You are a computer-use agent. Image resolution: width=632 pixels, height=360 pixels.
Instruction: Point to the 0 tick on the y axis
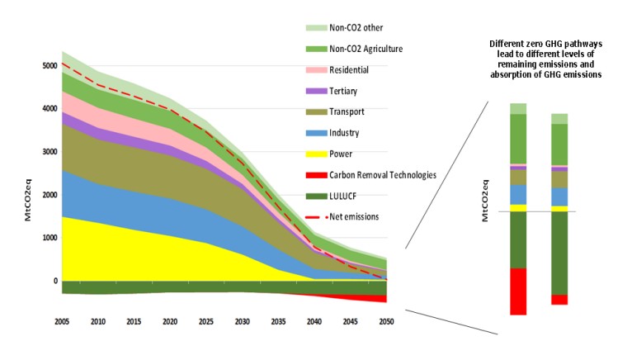pyautogui.click(x=54, y=282)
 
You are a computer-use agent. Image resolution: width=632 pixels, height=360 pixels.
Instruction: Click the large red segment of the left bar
pyautogui.click(x=518, y=291)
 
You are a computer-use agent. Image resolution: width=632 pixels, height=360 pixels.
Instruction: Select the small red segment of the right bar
pyautogui.click(x=559, y=300)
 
